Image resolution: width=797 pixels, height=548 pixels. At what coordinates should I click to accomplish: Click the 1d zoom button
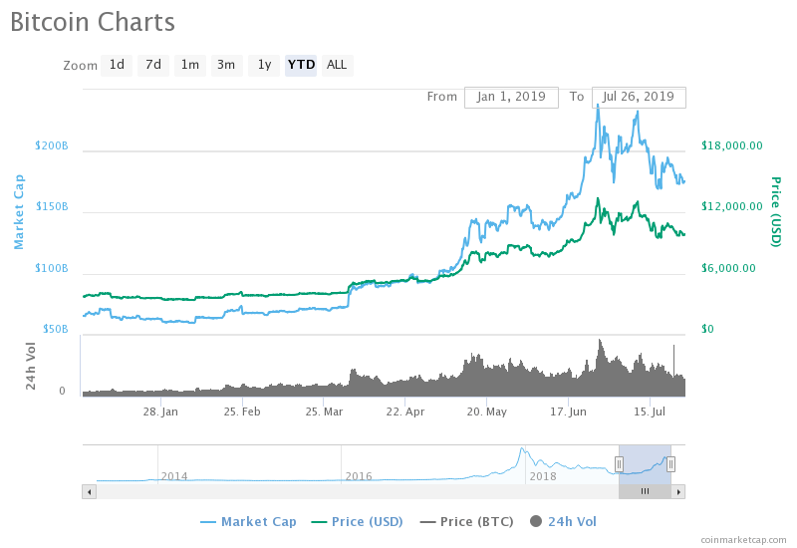click(117, 65)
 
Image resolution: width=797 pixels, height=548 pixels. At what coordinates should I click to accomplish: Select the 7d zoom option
click(153, 65)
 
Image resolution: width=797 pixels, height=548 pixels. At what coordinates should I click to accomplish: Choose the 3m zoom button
click(226, 65)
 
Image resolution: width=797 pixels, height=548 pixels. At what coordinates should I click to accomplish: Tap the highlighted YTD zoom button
click(301, 65)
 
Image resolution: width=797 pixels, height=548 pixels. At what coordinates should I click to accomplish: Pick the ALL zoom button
click(337, 65)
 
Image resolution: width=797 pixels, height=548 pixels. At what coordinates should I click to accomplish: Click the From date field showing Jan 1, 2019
click(511, 97)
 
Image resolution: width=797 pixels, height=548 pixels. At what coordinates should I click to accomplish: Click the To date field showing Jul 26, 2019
click(639, 97)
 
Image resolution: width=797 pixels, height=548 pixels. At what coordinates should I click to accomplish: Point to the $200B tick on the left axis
click(51, 145)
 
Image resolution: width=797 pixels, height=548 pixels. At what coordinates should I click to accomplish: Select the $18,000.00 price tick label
click(732, 145)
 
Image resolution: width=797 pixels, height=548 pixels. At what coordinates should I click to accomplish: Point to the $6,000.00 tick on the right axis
click(728, 268)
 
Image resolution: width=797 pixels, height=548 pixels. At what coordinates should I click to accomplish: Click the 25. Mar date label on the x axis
click(325, 411)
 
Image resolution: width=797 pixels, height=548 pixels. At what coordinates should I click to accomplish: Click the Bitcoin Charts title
click(93, 22)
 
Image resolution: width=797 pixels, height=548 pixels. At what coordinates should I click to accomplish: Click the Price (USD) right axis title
click(775, 212)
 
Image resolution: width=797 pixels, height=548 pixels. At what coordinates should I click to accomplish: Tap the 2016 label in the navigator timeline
click(359, 476)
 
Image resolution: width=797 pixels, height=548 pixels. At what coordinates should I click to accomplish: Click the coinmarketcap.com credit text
click(742, 539)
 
